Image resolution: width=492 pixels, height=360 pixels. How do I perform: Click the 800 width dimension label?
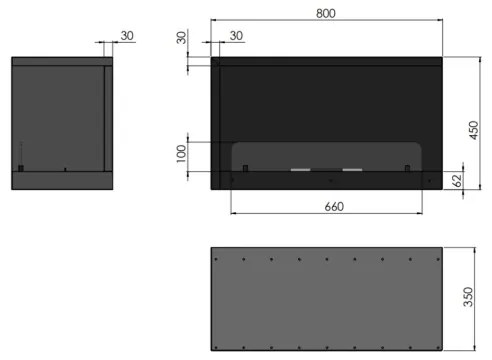[326, 13]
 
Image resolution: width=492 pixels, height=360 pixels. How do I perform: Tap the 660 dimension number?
[334, 206]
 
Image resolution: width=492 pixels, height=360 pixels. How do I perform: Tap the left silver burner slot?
[301, 170]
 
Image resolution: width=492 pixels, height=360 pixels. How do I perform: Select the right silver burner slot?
[352, 170]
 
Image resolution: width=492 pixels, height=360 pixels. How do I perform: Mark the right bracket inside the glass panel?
[406, 166]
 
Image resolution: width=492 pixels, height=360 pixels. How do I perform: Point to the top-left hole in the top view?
[218, 255]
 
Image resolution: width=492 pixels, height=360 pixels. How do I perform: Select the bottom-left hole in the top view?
[218, 345]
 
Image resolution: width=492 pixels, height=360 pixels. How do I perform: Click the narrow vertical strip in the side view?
[105, 116]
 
